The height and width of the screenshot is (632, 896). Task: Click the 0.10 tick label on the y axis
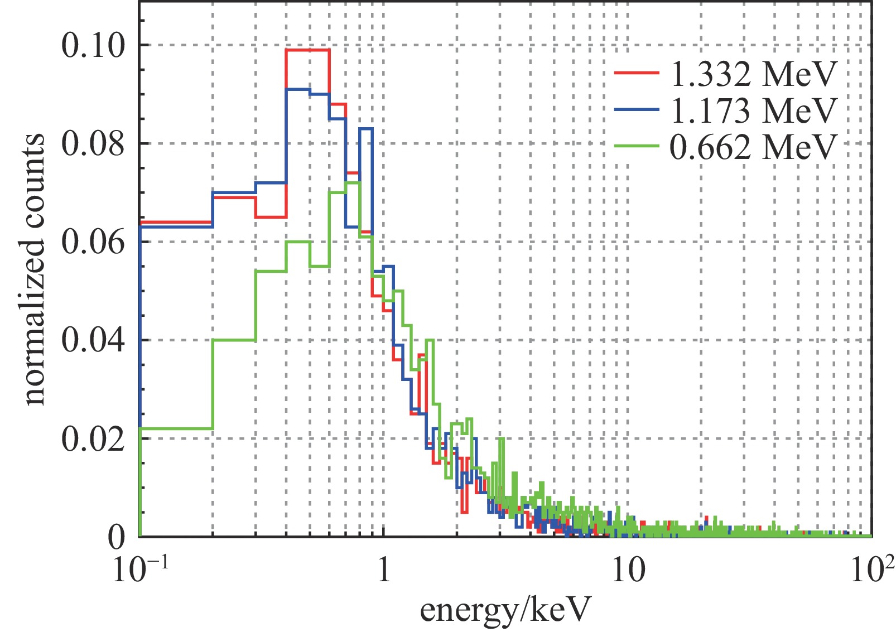[93, 46]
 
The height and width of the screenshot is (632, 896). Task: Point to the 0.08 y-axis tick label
[93, 144]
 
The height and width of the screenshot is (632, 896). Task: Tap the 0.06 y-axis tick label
[93, 242]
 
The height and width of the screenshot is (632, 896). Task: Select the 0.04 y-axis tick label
[93, 340]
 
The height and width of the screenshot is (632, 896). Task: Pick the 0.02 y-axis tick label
[93, 439]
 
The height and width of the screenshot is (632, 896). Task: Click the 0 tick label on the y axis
[117, 537]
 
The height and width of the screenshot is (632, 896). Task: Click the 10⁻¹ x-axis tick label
[140, 570]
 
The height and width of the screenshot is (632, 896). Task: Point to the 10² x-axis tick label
[872, 570]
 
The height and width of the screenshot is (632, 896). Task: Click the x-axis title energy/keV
[504, 610]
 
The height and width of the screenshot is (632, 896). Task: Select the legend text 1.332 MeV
[754, 74]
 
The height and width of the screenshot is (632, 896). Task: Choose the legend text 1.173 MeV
[754, 110]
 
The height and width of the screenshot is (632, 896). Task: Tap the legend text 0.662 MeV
[754, 147]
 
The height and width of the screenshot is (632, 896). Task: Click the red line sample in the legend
[637, 73]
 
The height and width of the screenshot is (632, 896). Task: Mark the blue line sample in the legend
[637, 110]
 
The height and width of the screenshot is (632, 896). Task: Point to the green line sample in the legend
[637, 146]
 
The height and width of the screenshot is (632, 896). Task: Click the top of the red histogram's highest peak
[307, 50]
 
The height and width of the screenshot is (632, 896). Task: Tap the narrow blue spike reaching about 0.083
[366, 129]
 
